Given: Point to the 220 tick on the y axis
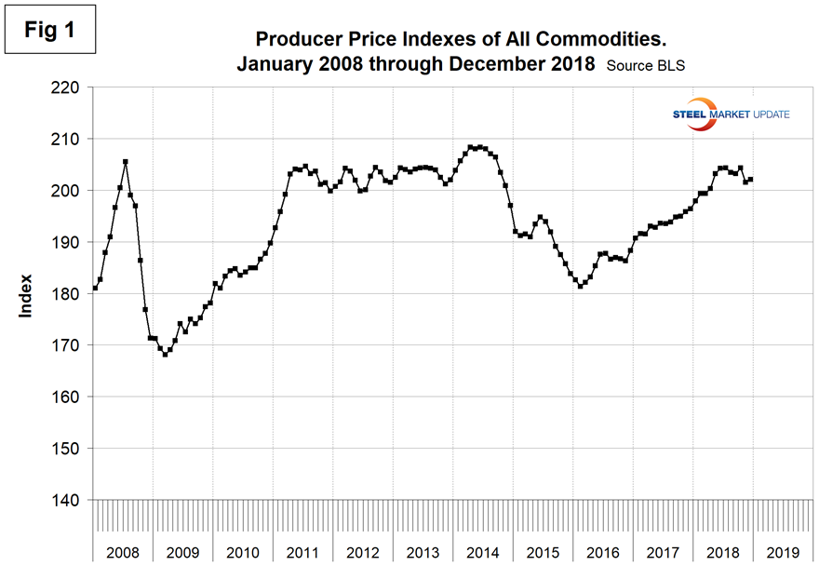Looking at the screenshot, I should tap(68, 88).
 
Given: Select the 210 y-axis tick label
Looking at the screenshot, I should tap(68, 139).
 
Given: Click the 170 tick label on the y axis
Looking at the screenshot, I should tap(68, 345).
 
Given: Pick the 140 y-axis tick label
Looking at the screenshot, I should tap(68, 500).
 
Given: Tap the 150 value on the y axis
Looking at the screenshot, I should tap(68, 449).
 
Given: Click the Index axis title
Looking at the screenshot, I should tap(26, 294).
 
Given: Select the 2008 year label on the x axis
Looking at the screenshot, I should tap(123, 552).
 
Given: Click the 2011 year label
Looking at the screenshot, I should tap(303, 552).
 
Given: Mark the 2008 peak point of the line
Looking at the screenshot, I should tap(126, 162).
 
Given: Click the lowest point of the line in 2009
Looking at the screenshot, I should tap(166, 355).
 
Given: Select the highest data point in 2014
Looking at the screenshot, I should tap(471, 147).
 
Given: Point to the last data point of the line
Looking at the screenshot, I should tap(751, 180).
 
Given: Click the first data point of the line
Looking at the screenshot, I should tap(95, 288).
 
